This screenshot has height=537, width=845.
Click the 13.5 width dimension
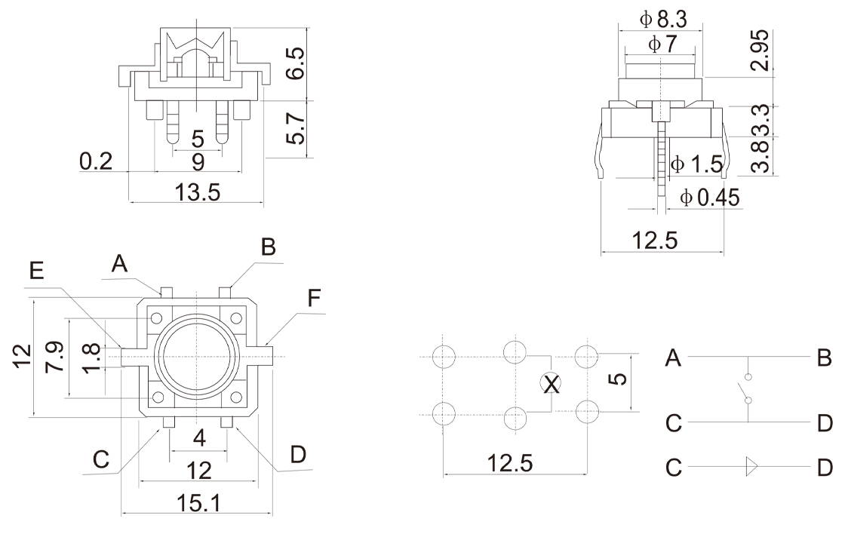click(198, 192)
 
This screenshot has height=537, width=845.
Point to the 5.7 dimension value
click(297, 129)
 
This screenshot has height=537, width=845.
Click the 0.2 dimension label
click(96, 161)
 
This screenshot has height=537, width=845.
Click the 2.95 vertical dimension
click(763, 50)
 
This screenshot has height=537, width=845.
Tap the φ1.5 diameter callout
click(696, 162)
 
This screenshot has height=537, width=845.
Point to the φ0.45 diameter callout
click(709, 198)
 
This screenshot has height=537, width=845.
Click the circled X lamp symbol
click(552, 385)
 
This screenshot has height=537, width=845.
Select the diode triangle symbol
click(749, 467)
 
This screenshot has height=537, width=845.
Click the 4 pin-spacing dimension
click(198, 437)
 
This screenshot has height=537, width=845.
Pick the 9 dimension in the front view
click(198, 160)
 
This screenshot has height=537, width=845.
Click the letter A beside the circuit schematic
click(673, 359)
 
